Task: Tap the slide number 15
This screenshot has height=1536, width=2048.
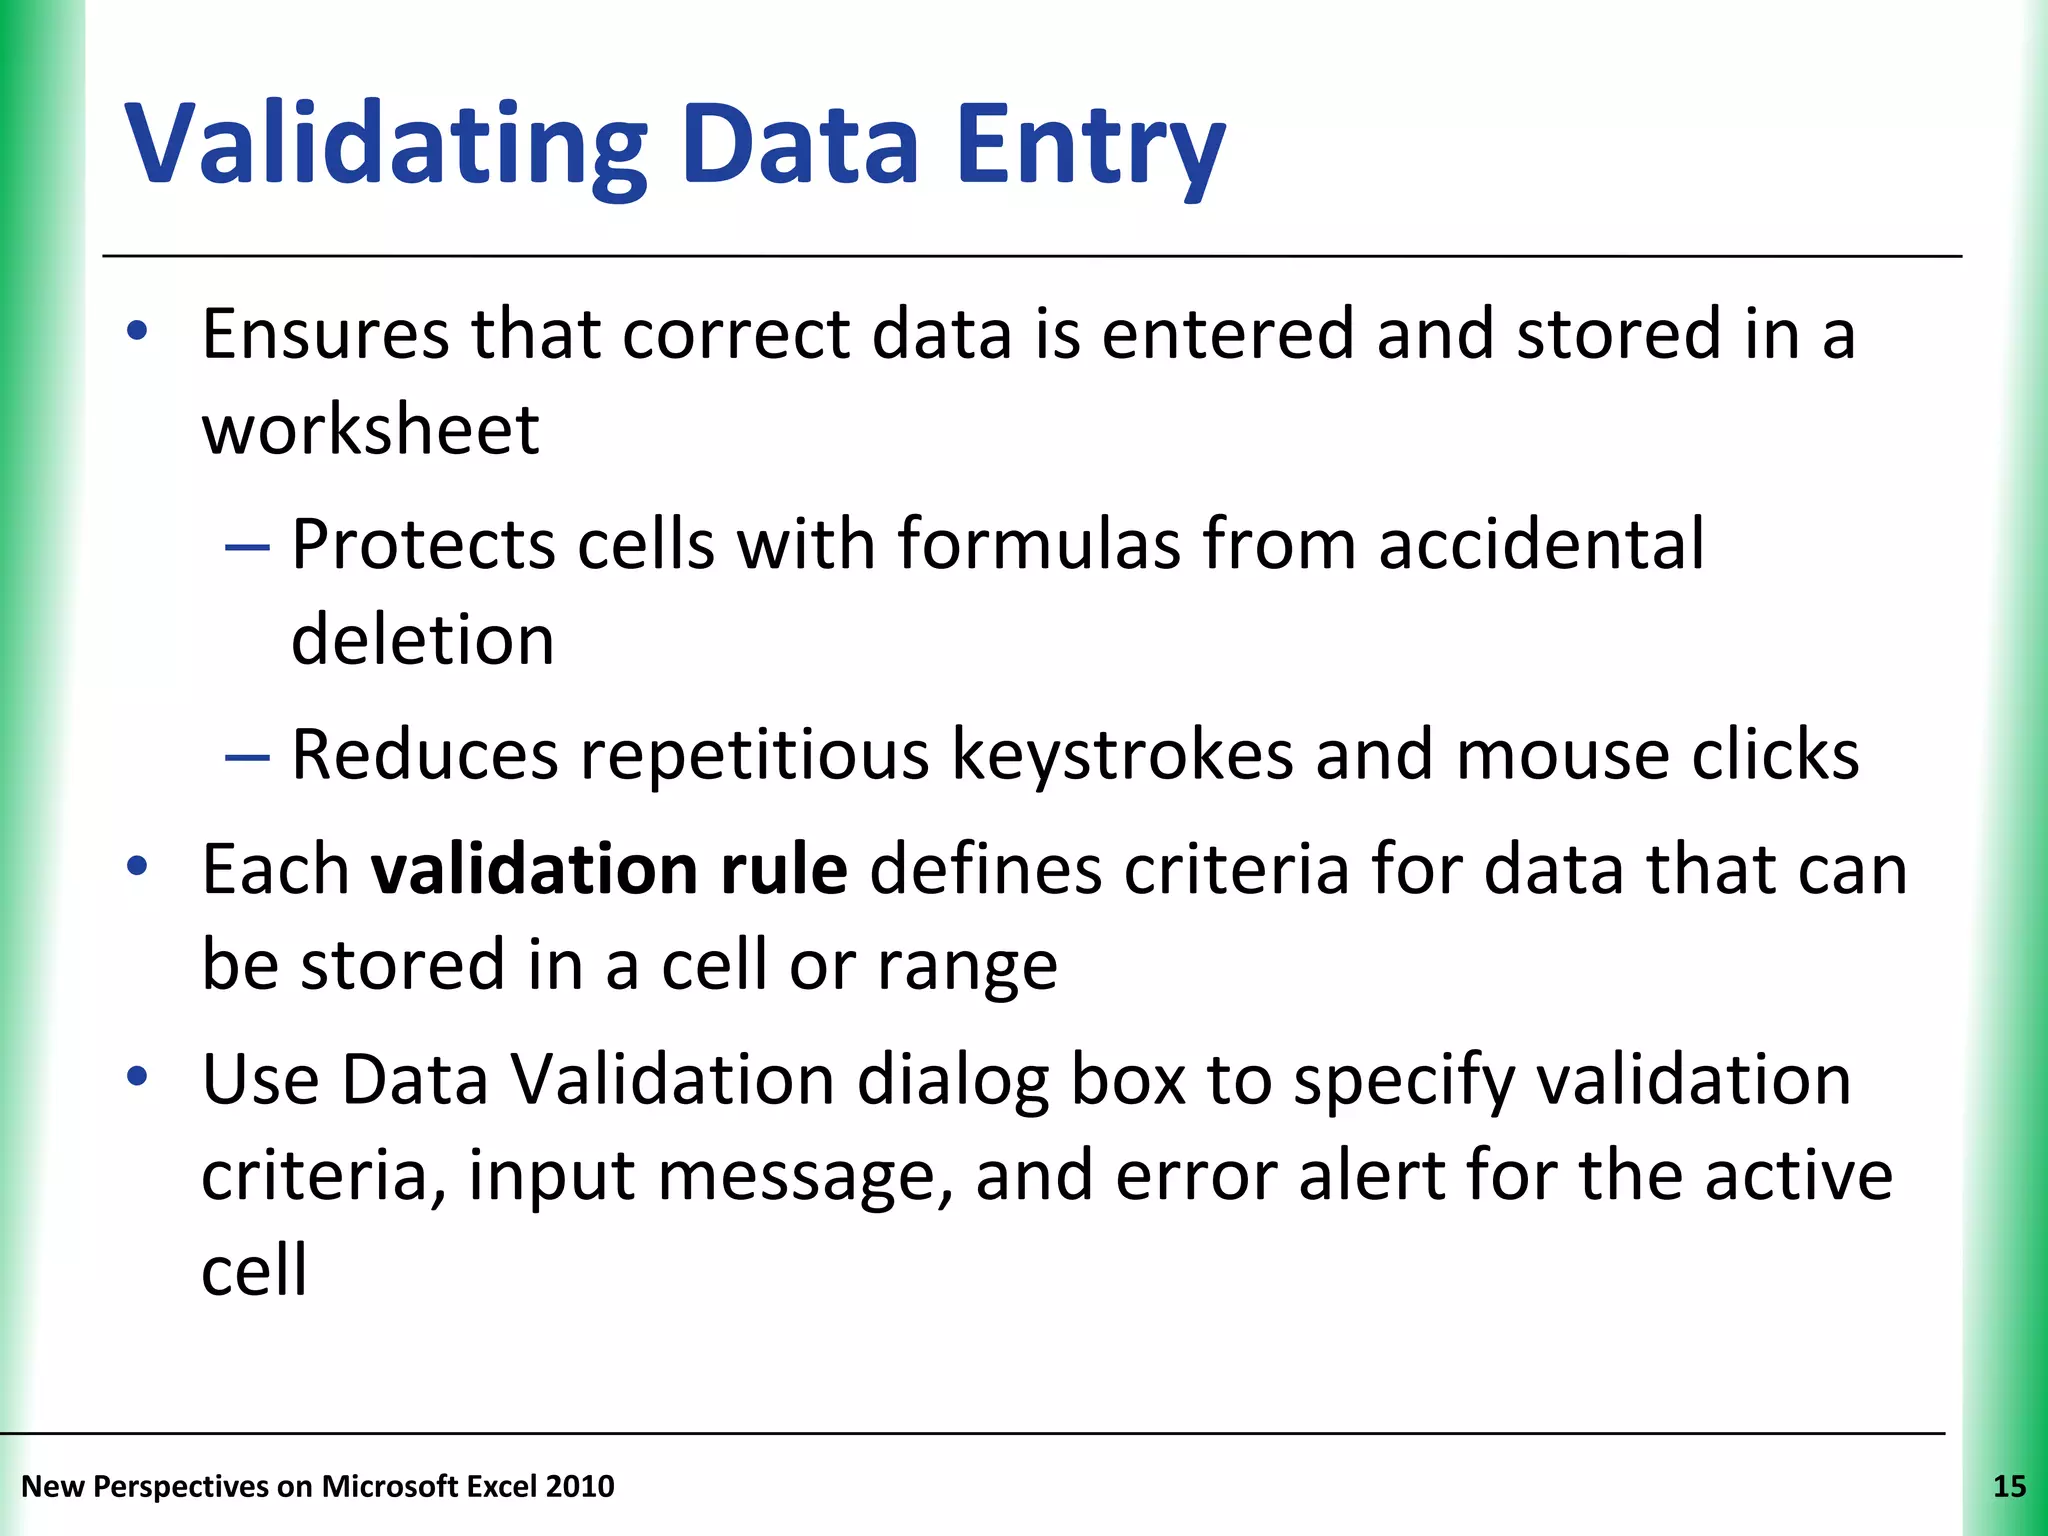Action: pyautogui.click(x=2009, y=1487)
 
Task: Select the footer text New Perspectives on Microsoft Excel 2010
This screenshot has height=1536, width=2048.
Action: pyautogui.click(x=318, y=1487)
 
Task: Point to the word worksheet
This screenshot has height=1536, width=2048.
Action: pyautogui.click(x=370, y=430)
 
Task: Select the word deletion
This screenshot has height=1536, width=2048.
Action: pyautogui.click(x=422, y=640)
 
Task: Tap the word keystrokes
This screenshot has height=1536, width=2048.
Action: pyautogui.click(x=1122, y=754)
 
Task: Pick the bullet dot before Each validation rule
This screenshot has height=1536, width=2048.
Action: pyautogui.click(x=138, y=866)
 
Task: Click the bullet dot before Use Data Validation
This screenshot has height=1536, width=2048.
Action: pyautogui.click(x=138, y=1077)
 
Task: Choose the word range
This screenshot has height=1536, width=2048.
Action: pyautogui.click(x=967, y=966)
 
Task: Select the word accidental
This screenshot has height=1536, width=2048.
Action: pyautogui.click(x=1541, y=545)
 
